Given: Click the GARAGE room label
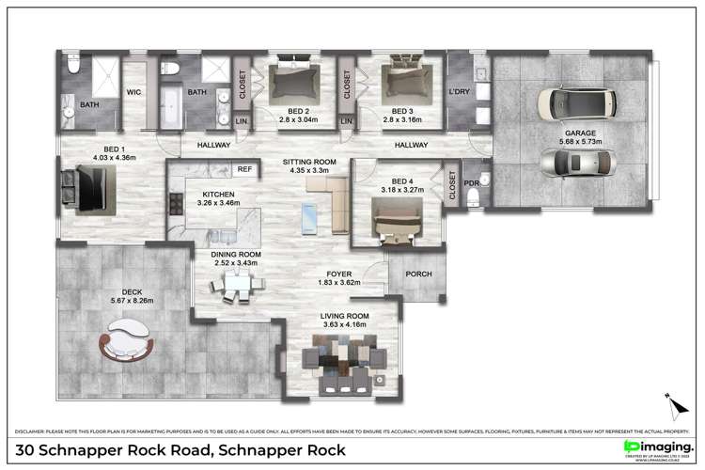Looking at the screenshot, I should point(579,133).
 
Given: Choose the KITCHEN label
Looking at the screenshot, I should point(217,195).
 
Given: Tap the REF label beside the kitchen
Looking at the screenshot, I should point(244,169).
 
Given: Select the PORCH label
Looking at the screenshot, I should point(418,274).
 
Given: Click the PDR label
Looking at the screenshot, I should point(472,182).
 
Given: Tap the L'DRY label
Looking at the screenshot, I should point(460,92).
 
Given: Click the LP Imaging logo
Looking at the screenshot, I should point(658,446).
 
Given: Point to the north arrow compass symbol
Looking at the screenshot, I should point(673,404).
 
